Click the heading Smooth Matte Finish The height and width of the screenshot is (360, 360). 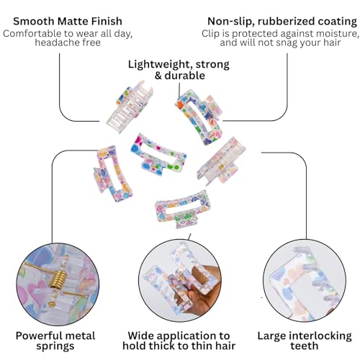click(x=68, y=22)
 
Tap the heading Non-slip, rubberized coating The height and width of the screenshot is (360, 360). click(x=282, y=22)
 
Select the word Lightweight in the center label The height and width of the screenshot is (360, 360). click(x=160, y=65)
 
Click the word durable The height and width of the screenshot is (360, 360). click(x=184, y=76)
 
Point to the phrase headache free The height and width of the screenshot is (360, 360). click(x=68, y=42)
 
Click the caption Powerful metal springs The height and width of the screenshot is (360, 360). click(x=55, y=341)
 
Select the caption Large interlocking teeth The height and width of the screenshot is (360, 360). click(x=305, y=341)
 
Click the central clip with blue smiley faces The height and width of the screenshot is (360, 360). click(x=158, y=154)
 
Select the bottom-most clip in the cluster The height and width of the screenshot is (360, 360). click(x=183, y=210)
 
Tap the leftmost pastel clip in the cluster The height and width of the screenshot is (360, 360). click(x=112, y=174)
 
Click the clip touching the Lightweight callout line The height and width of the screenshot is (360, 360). click(x=199, y=117)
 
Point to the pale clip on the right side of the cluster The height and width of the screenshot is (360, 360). click(x=221, y=160)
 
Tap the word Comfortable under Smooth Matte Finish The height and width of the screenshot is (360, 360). click(x=32, y=34)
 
